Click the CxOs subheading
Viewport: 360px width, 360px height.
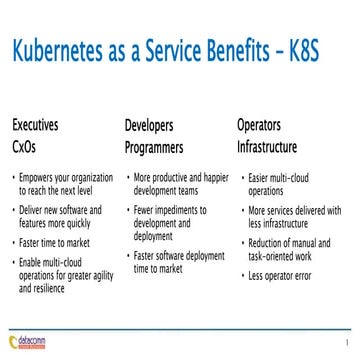pyautogui.click(x=26, y=145)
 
